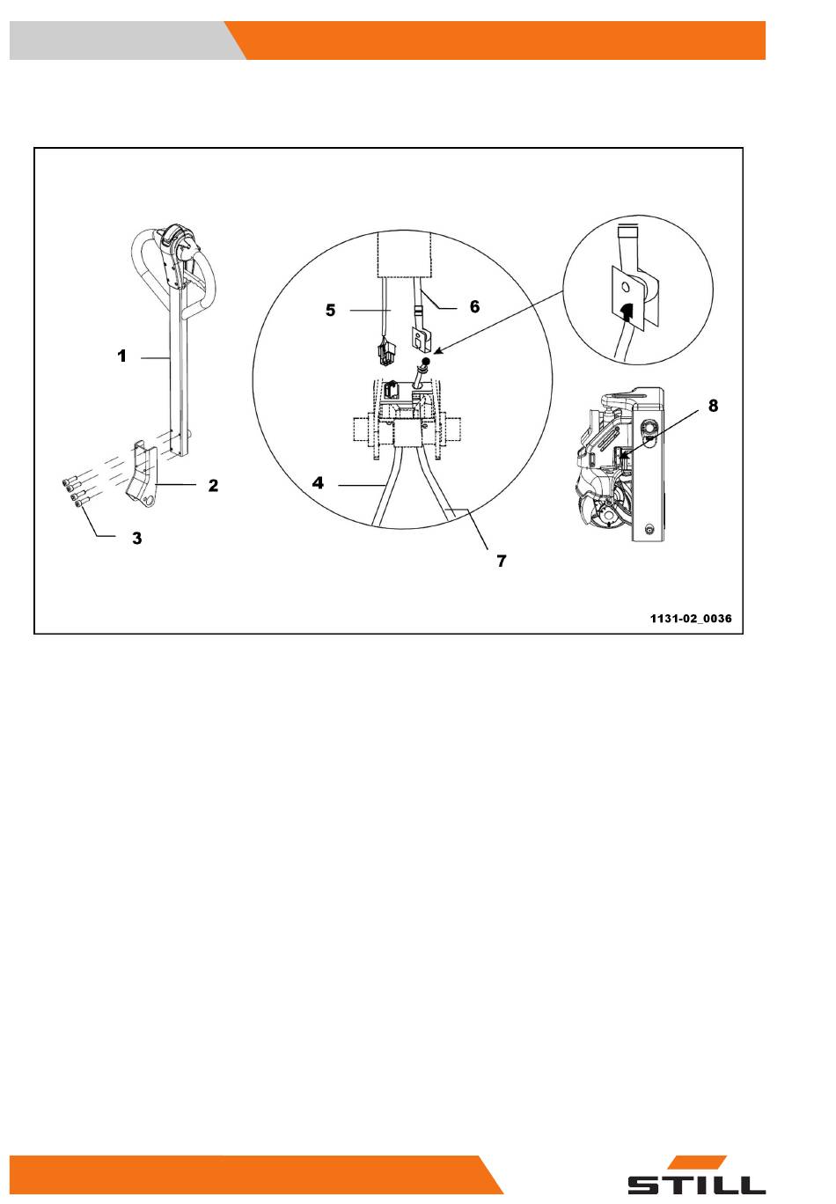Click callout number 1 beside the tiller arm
coord(122,356)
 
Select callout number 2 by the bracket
coord(213,485)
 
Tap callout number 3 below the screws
coord(137,538)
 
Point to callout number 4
coord(318,482)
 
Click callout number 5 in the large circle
coord(330,310)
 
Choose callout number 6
coord(474,306)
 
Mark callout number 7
coord(502,562)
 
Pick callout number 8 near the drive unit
coord(713,406)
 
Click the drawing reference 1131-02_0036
coord(691,619)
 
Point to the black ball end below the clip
coord(426,361)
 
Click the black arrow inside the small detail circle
coord(626,312)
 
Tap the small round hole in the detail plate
coord(624,288)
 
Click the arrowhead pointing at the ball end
coord(437,351)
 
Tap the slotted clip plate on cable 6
coord(422,338)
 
